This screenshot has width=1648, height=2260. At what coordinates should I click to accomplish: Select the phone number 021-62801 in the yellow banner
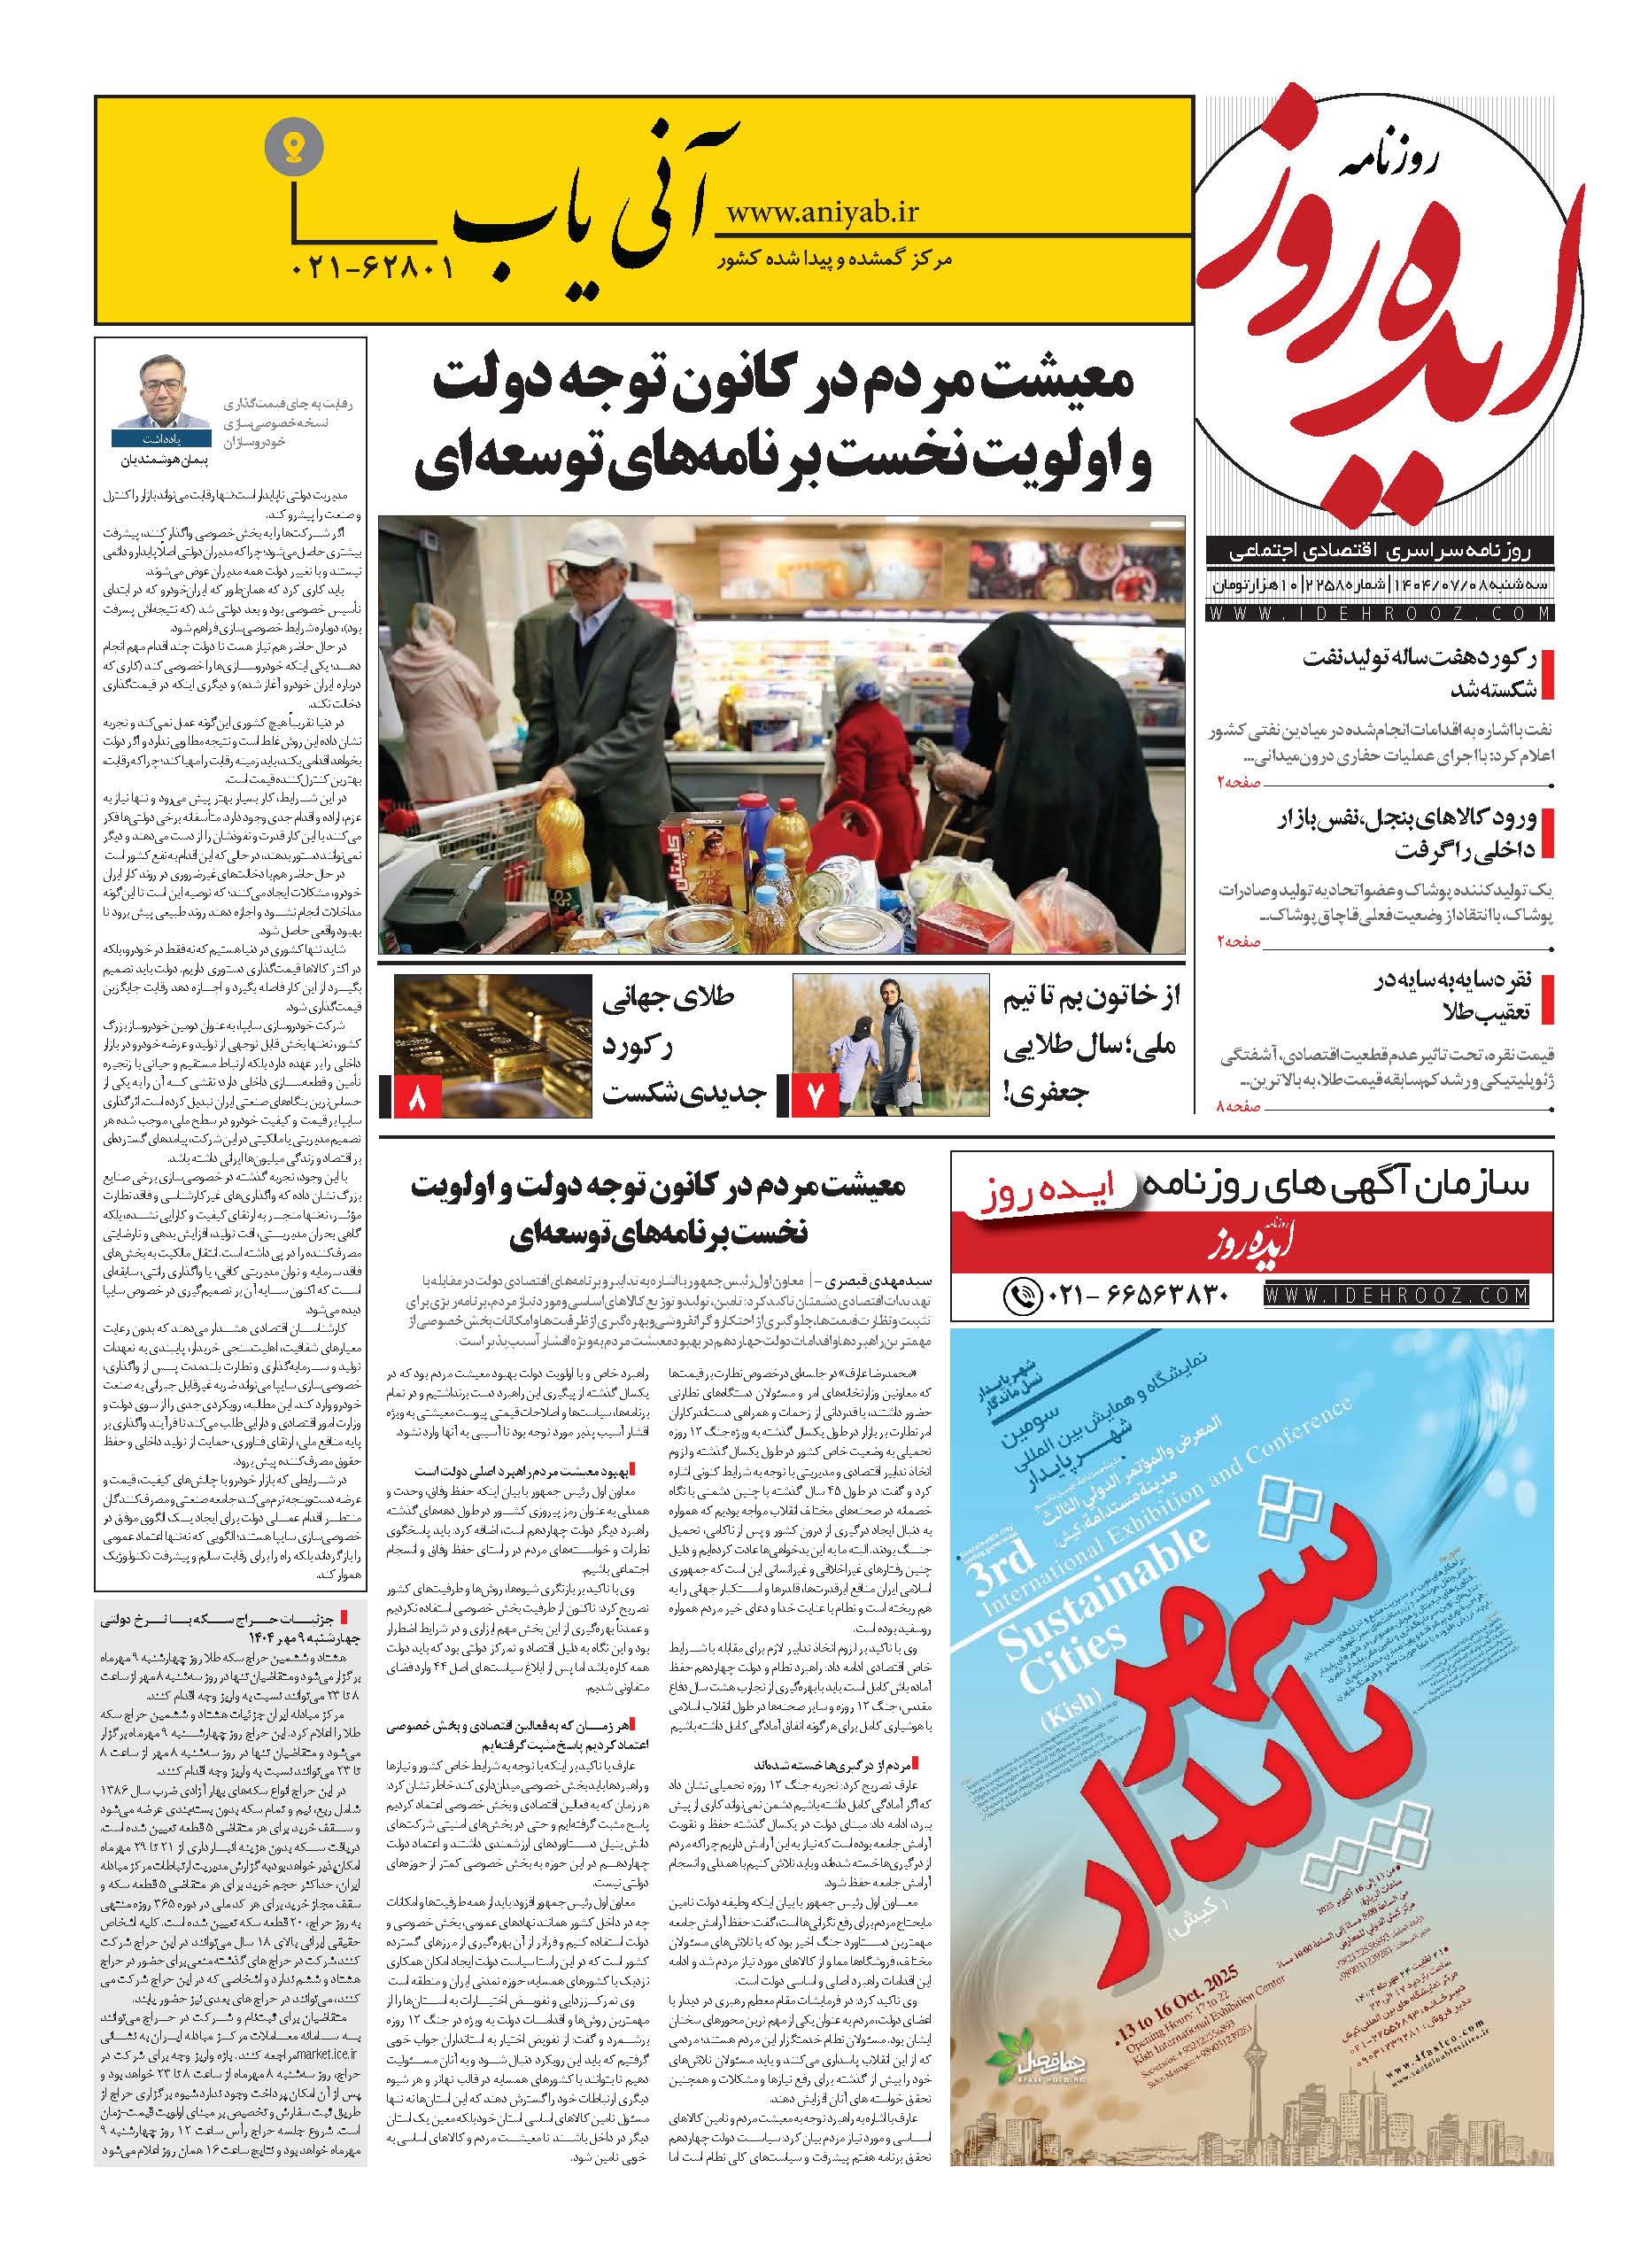pyautogui.click(x=373, y=267)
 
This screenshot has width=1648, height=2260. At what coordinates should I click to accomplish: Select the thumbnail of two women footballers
pyautogui.click(x=885, y=1045)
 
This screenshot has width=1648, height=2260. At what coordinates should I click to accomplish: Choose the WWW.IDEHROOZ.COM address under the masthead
pyautogui.click(x=1381, y=615)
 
